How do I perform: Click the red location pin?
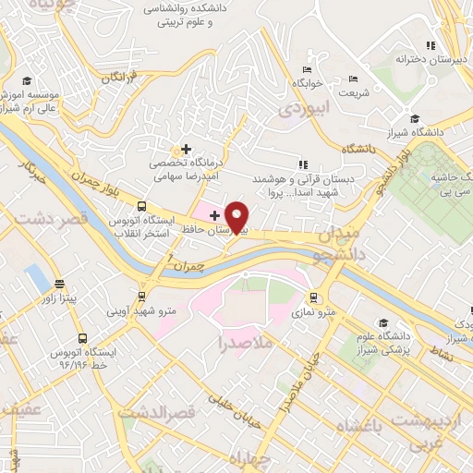point(238,216)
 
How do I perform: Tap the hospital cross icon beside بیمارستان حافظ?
point(215,215)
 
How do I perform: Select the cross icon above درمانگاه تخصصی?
point(186,148)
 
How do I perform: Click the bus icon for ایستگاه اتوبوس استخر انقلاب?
point(141,207)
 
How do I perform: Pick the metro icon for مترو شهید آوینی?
point(141,297)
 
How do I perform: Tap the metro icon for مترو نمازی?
point(315,298)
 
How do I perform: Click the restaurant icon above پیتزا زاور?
point(60,284)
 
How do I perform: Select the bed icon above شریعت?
point(351,79)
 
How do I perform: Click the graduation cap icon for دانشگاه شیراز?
point(416,118)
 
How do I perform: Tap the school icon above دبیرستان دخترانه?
point(429,45)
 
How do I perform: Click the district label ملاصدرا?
point(243,343)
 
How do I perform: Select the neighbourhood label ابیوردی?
point(300,108)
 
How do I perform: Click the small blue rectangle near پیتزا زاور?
point(36,275)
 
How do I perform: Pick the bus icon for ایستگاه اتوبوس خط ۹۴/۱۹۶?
point(83,338)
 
